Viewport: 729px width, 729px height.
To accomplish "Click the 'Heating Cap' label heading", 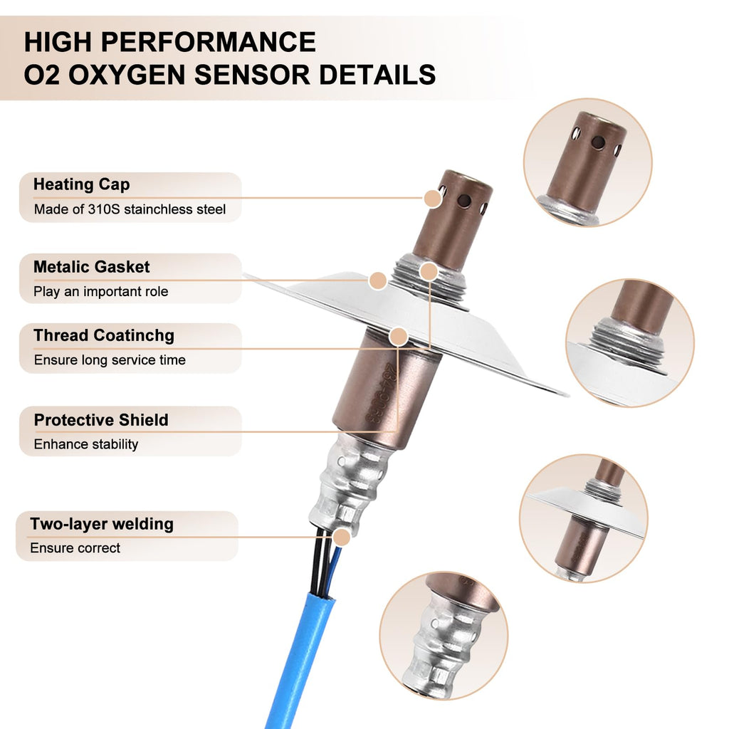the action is tap(81, 184).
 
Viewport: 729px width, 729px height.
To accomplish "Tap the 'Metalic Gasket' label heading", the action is tap(92, 267).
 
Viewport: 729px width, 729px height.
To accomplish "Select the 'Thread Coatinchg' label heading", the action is tap(104, 336).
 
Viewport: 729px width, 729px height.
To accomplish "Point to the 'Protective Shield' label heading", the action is tap(101, 420).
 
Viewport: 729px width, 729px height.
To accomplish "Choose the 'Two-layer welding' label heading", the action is tap(102, 524).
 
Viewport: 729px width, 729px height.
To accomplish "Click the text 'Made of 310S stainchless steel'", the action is tap(130, 209).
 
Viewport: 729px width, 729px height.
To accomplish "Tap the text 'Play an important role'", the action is tap(101, 291).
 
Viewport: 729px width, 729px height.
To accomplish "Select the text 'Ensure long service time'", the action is tap(110, 360).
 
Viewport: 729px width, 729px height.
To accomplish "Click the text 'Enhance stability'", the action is tap(86, 444).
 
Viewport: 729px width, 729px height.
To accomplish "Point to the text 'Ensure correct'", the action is tap(75, 547).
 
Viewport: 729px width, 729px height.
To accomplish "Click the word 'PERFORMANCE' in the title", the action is tap(209, 42).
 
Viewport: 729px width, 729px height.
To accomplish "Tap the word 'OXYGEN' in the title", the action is tap(127, 75).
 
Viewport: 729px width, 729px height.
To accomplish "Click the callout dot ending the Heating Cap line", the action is tap(432, 199).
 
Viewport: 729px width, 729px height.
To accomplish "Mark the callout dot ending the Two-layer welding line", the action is tap(342, 537).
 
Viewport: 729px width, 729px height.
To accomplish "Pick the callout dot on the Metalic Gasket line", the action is tap(378, 280).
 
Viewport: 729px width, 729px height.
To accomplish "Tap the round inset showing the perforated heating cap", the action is tap(587, 163).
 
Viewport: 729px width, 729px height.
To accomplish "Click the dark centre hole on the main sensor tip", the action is tap(464, 201).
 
